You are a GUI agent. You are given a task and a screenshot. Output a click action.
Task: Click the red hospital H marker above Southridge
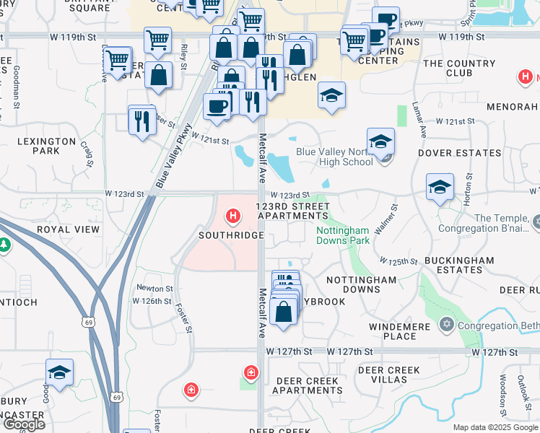coord(232,216)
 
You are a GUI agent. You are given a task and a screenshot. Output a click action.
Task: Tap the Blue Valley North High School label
coord(334,157)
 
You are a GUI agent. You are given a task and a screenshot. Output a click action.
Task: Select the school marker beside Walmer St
coord(440,188)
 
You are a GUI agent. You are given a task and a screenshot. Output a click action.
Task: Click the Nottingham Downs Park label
coord(343,235)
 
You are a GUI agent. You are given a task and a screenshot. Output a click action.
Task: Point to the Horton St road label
coord(469,186)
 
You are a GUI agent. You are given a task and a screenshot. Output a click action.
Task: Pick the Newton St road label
coord(154,288)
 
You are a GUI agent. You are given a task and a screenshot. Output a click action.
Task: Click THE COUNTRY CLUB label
coord(460,69)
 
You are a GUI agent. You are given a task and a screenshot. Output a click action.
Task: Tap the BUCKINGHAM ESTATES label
coord(460,265)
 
